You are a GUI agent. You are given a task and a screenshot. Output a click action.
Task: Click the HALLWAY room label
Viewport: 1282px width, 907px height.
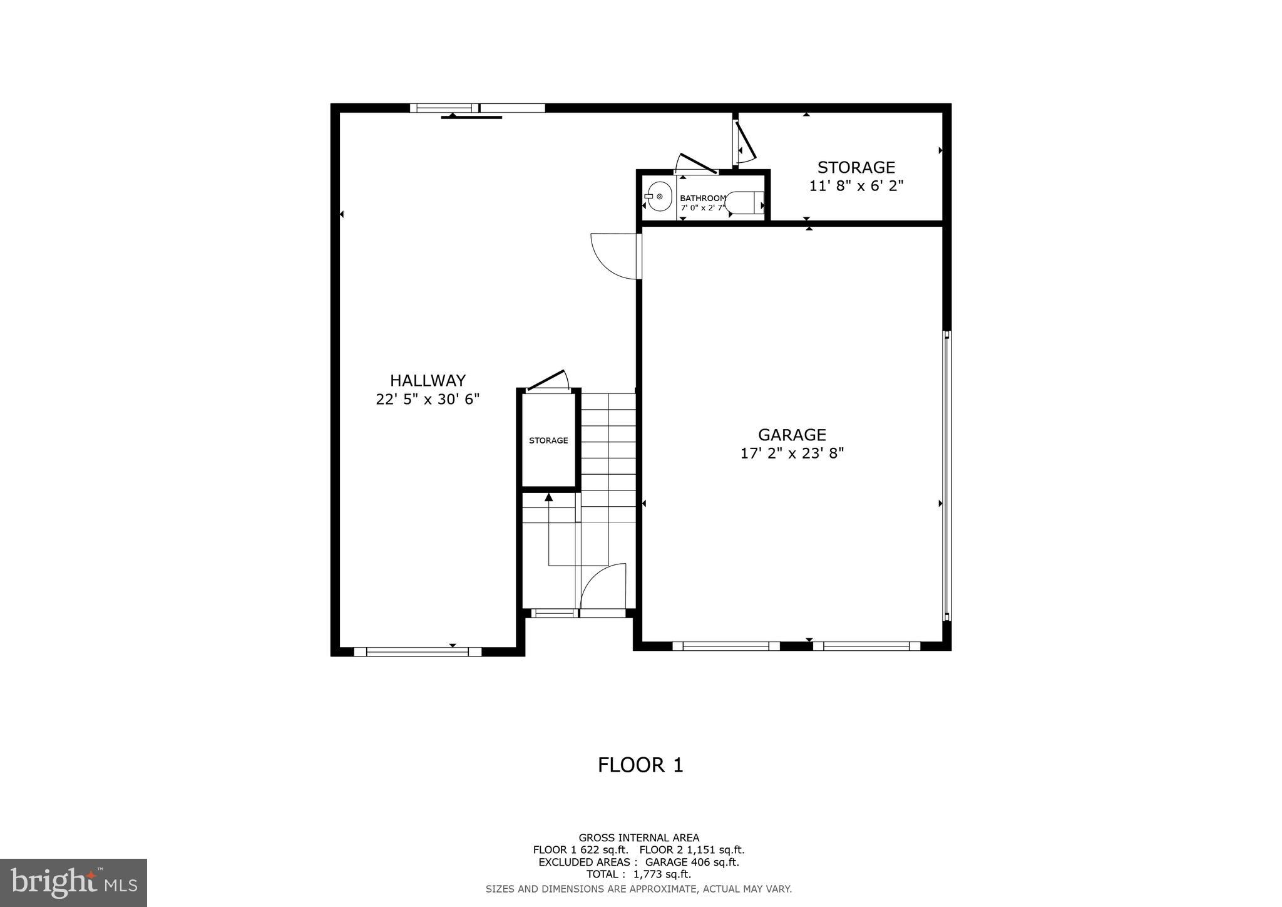click(x=428, y=381)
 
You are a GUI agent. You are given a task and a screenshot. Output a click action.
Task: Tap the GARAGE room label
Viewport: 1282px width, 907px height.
click(x=792, y=435)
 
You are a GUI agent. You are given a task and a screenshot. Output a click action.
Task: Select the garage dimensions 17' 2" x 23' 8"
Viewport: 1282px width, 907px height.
click(x=792, y=453)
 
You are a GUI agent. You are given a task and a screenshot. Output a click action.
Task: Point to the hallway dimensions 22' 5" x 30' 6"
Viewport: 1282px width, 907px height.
click(x=428, y=400)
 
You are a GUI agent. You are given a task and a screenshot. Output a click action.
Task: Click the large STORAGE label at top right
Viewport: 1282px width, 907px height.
click(x=856, y=167)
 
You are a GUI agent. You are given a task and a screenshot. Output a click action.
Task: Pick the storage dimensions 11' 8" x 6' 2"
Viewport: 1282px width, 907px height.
click(x=856, y=186)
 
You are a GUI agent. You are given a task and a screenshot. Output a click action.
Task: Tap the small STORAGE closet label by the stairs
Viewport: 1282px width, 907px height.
click(x=548, y=440)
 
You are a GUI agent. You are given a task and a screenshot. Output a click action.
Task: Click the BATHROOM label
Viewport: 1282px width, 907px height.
click(x=703, y=198)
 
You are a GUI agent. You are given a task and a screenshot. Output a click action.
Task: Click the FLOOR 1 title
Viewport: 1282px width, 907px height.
click(x=640, y=765)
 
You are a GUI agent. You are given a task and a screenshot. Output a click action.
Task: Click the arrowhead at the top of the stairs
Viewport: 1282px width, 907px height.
click(x=549, y=497)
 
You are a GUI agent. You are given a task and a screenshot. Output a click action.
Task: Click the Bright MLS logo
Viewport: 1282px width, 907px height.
click(x=73, y=883)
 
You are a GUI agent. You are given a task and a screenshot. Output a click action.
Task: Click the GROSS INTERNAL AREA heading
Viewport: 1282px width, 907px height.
click(x=638, y=837)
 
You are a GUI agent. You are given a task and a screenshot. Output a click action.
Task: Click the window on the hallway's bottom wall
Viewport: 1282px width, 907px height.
click(x=418, y=651)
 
